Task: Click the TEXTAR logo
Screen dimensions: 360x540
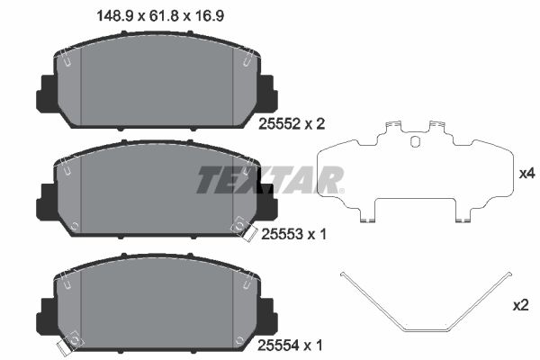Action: [x=271, y=179]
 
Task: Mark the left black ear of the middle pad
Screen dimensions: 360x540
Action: [x=43, y=198]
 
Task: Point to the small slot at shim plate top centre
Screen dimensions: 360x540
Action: [x=414, y=140]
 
